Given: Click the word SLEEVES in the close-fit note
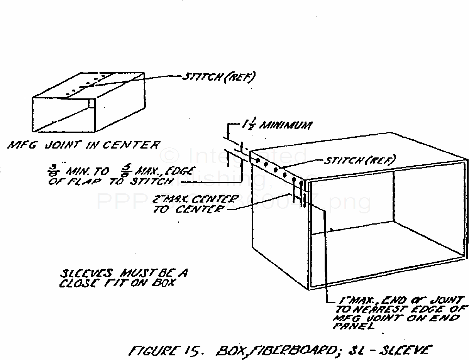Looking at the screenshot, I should click(81, 274).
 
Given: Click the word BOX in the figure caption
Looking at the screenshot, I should click(231, 350).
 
